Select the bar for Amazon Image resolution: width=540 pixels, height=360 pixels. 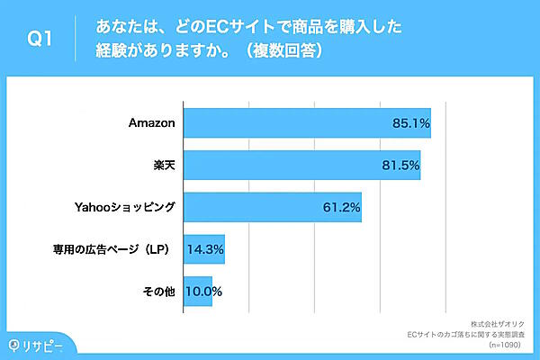(306, 122)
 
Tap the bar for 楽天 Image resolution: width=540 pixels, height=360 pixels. (301, 166)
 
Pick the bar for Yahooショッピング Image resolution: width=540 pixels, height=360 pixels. (272, 208)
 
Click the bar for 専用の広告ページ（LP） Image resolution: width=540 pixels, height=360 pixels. (203, 249)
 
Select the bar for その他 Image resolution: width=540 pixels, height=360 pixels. (197, 292)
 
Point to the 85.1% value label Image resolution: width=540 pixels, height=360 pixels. (410, 122)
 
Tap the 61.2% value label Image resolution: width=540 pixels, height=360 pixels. (341, 208)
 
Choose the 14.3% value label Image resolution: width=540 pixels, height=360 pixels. (204, 249)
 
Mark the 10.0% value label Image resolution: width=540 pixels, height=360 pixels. (203, 292)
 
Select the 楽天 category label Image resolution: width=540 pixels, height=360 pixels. (165, 166)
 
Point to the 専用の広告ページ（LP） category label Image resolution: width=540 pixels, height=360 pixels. (114, 249)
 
